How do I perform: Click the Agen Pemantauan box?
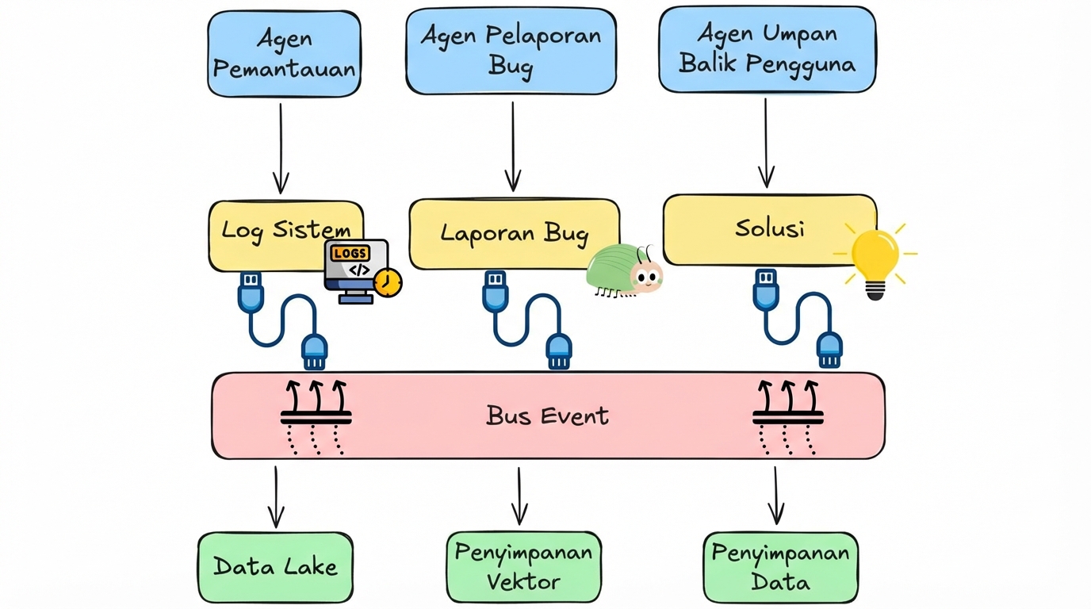(284, 54)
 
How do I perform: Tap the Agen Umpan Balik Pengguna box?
(767, 49)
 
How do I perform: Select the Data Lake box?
(275, 566)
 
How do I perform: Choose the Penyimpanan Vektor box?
(523, 566)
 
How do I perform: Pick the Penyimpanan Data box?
(780, 566)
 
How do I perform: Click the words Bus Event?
(547, 416)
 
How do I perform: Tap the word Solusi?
(769, 228)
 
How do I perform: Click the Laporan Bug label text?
(515, 233)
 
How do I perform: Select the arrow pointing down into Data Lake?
(275, 496)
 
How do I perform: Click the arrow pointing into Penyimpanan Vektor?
(519, 496)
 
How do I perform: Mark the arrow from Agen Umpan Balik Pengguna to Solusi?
(766, 143)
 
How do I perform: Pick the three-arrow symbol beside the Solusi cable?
(787, 416)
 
